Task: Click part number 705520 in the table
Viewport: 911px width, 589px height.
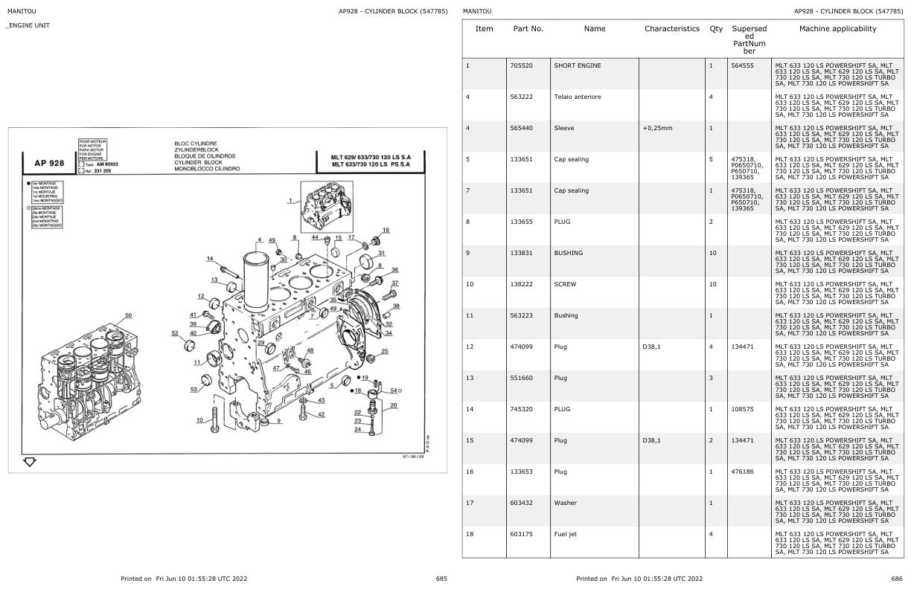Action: (524, 65)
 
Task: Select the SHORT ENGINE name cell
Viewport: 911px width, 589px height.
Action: (577, 65)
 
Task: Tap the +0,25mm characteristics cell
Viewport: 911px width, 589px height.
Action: (657, 128)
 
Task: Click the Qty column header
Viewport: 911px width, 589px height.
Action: (716, 29)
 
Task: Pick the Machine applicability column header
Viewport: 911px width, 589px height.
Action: (837, 29)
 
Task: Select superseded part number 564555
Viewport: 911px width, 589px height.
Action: (743, 65)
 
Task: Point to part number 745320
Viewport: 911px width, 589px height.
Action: (524, 409)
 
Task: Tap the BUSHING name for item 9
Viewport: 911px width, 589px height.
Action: (568, 253)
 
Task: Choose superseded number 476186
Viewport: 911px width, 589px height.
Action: (743, 471)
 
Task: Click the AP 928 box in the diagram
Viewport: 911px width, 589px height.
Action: (49, 163)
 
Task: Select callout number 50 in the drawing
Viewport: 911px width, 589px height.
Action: (128, 315)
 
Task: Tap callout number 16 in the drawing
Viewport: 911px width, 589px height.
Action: (386, 231)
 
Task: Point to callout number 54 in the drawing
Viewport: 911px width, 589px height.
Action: (394, 390)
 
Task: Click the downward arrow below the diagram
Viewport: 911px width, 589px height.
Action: (30, 462)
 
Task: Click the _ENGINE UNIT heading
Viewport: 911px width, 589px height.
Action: (28, 26)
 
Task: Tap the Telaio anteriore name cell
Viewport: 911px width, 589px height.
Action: (577, 97)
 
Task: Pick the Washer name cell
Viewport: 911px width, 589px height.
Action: (565, 503)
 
